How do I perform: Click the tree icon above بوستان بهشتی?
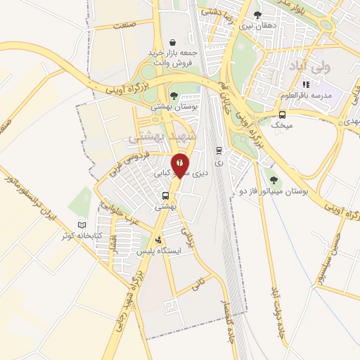point(174,96)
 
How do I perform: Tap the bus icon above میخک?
point(282,115)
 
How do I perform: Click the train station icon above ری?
point(219,150)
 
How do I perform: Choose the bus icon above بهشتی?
point(166,196)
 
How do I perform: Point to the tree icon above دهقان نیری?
point(257,15)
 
